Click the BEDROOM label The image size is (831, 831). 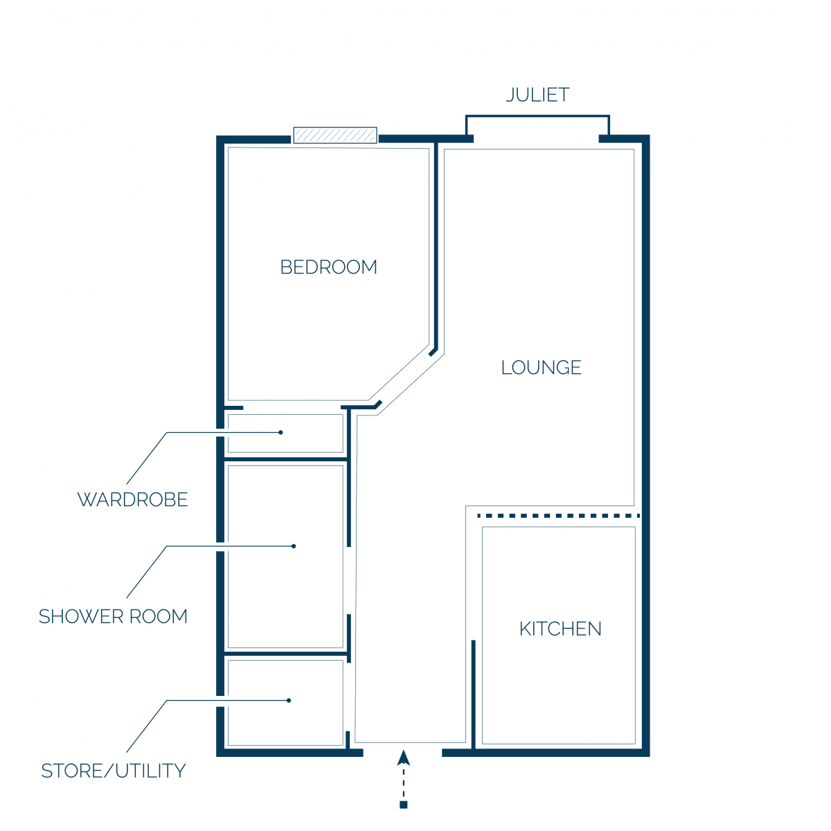[328, 267]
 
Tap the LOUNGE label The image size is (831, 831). [541, 368]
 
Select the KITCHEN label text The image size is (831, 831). [560, 629]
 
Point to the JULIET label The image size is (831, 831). [537, 95]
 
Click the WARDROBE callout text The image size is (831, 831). [132, 499]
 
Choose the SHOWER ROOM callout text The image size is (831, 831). [113, 616]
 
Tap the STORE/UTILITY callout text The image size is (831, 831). [114, 771]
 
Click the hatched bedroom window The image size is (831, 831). [335, 135]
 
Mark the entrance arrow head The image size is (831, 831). [403, 758]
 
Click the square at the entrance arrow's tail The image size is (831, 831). [403, 805]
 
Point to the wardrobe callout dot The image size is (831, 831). [280, 432]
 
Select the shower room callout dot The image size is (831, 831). [293, 546]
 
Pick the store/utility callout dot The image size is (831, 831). [289, 700]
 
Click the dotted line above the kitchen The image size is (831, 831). [558, 516]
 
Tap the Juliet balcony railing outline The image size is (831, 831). [537, 116]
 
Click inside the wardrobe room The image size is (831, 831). [285, 434]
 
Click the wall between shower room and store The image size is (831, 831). [285, 654]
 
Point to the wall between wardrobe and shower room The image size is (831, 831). [285, 460]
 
